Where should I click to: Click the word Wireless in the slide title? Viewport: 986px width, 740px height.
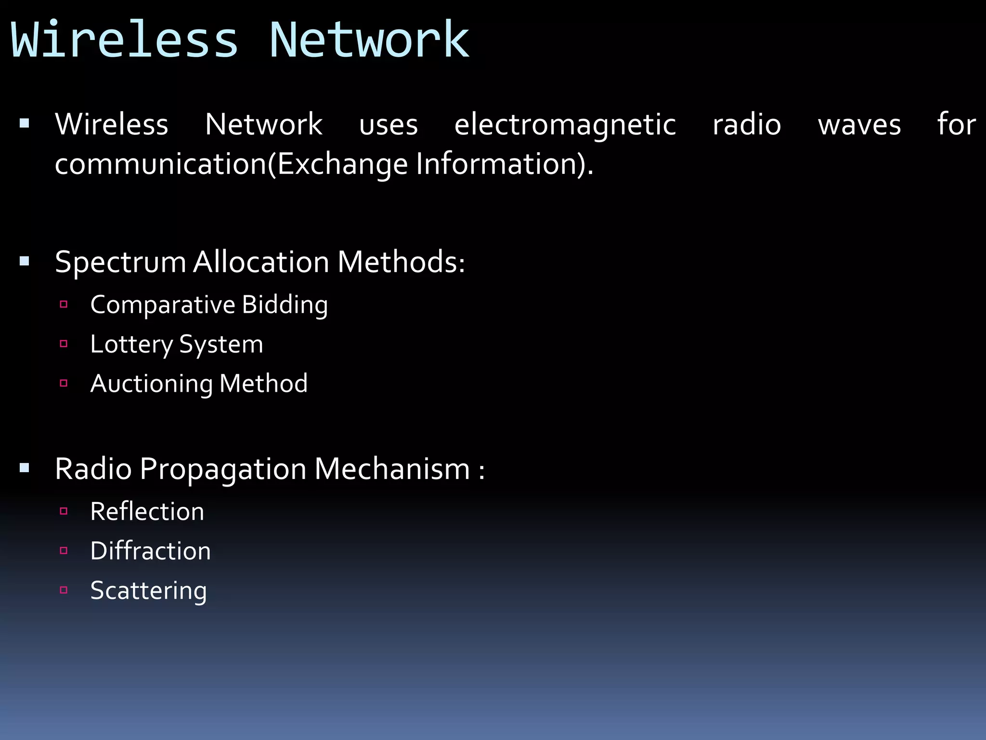(x=124, y=40)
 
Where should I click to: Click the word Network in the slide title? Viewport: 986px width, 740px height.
(x=369, y=40)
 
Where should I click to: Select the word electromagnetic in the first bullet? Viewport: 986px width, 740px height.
(x=565, y=125)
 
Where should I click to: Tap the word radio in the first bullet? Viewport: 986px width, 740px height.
(x=747, y=125)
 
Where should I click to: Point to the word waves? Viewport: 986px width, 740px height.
(x=859, y=125)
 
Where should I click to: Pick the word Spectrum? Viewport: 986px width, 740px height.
(x=120, y=263)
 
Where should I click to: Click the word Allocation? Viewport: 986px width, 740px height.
(x=261, y=262)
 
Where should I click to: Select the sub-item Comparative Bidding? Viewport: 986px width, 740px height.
(x=209, y=305)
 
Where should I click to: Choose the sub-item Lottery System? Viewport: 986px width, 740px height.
(x=177, y=344)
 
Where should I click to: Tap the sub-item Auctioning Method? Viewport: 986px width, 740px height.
(x=199, y=384)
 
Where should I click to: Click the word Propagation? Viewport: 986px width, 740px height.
(x=223, y=469)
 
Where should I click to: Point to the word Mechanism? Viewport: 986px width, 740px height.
(x=392, y=469)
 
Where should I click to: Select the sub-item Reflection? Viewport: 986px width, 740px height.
(x=147, y=512)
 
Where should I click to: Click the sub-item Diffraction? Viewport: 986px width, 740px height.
(x=151, y=551)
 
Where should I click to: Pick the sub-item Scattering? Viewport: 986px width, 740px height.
(x=149, y=591)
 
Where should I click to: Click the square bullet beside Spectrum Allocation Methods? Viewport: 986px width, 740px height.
(x=25, y=262)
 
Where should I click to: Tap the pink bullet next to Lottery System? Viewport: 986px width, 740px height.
(x=64, y=344)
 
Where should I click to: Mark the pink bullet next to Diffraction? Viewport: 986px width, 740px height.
(x=64, y=551)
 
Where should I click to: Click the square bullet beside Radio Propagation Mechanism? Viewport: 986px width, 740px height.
(x=25, y=468)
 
